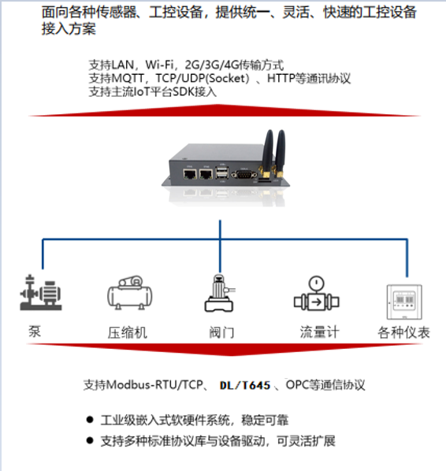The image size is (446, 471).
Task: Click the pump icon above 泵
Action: (x=40, y=292)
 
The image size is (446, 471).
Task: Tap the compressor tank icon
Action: (x=130, y=293)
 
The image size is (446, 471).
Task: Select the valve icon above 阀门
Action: (x=220, y=293)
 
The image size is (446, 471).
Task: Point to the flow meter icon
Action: (x=317, y=294)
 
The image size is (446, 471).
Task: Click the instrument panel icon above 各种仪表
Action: (x=404, y=302)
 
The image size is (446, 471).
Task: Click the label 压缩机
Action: (x=128, y=333)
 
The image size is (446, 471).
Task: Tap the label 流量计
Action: (x=319, y=332)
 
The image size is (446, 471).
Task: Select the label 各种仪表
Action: (x=403, y=332)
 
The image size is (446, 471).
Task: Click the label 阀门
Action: (x=221, y=333)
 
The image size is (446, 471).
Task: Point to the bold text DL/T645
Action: (x=245, y=385)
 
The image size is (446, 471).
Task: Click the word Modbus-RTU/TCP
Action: (x=154, y=385)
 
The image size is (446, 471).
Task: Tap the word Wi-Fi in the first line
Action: (x=160, y=65)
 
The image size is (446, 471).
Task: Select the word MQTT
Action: (x=128, y=79)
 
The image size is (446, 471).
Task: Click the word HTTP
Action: (x=281, y=79)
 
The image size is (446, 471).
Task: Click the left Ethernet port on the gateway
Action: (x=190, y=174)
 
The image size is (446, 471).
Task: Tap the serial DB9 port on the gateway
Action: (x=244, y=174)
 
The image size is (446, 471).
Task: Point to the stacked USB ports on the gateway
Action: (x=222, y=172)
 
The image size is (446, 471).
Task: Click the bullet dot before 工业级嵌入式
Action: (x=90, y=420)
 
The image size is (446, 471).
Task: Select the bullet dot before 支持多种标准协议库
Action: (x=90, y=440)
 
